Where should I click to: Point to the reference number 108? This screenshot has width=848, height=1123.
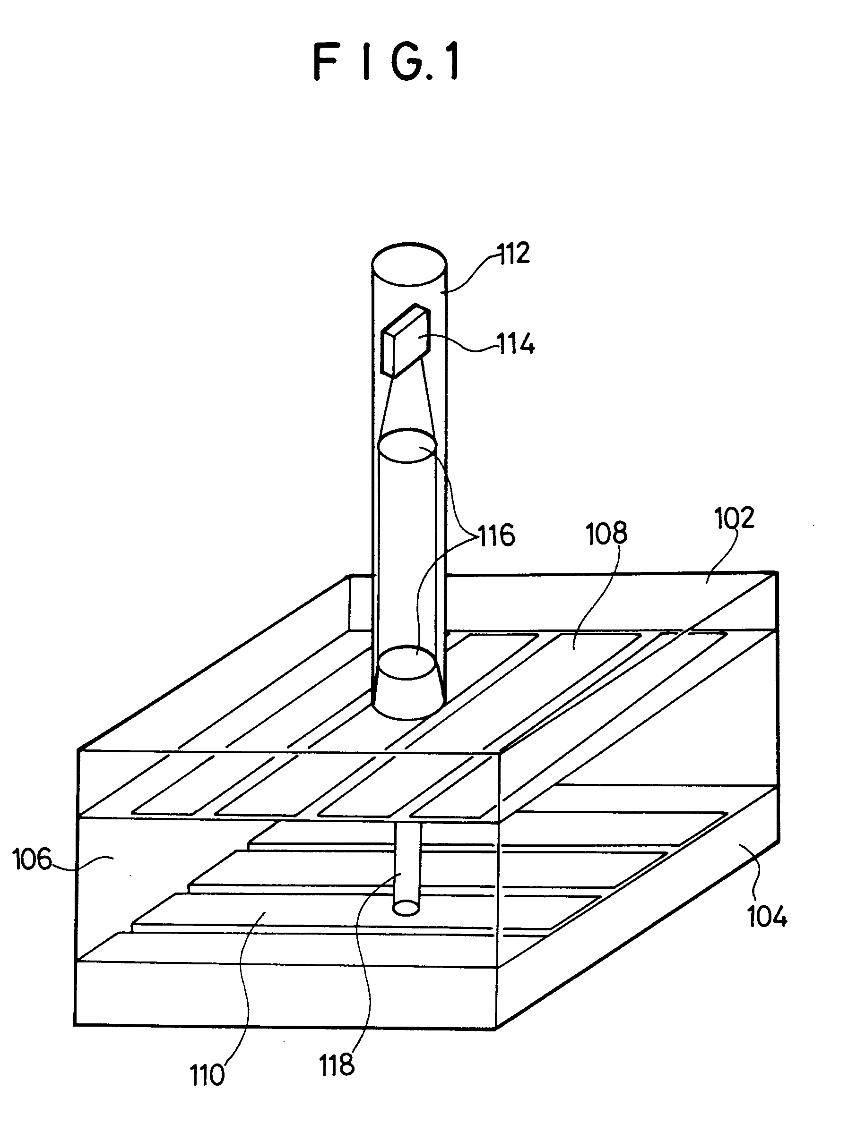(606, 534)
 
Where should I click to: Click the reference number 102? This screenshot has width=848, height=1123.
(734, 519)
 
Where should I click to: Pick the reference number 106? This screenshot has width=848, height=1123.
(32, 859)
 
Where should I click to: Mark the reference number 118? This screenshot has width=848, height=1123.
(337, 1064)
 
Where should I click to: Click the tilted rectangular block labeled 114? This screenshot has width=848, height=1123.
(406, 340)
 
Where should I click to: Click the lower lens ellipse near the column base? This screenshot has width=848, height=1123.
(407, 663)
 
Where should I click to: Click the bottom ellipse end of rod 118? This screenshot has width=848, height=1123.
(407, 908)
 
